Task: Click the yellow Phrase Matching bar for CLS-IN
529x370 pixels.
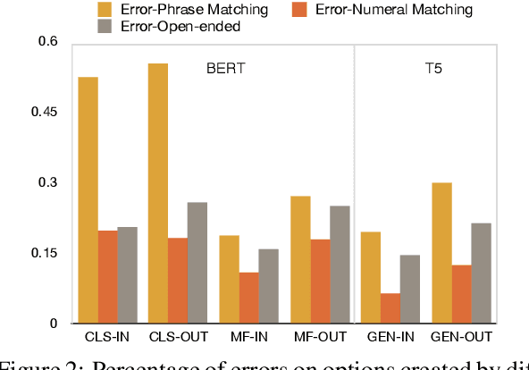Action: pyautogui.click(x=87, y=200)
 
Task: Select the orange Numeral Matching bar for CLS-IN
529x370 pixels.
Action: pyautogui.click(x=107, y=276)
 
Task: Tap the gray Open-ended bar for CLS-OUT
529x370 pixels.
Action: pyautogui.click(x=197, y=263)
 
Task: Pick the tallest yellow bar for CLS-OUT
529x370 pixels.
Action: pyautogui.click(x=157, y=193)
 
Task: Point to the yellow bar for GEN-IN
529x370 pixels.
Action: pyautogui.click(x=369, y=277)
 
